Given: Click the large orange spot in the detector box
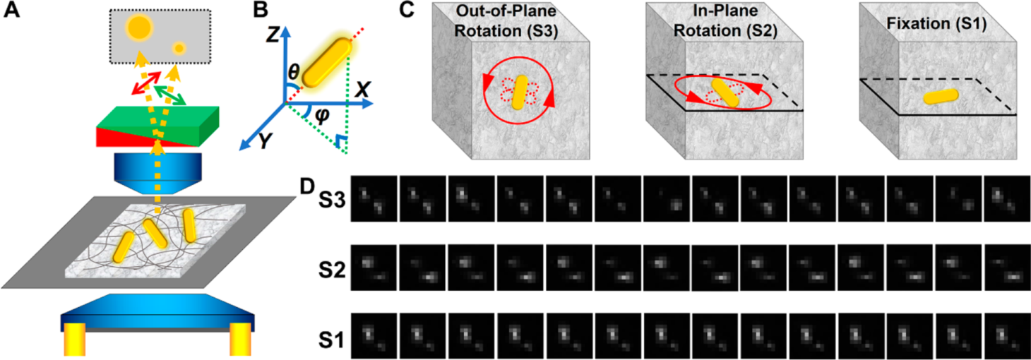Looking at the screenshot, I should tap(140, 28).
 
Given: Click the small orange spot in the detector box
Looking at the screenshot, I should tap(179, 47).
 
